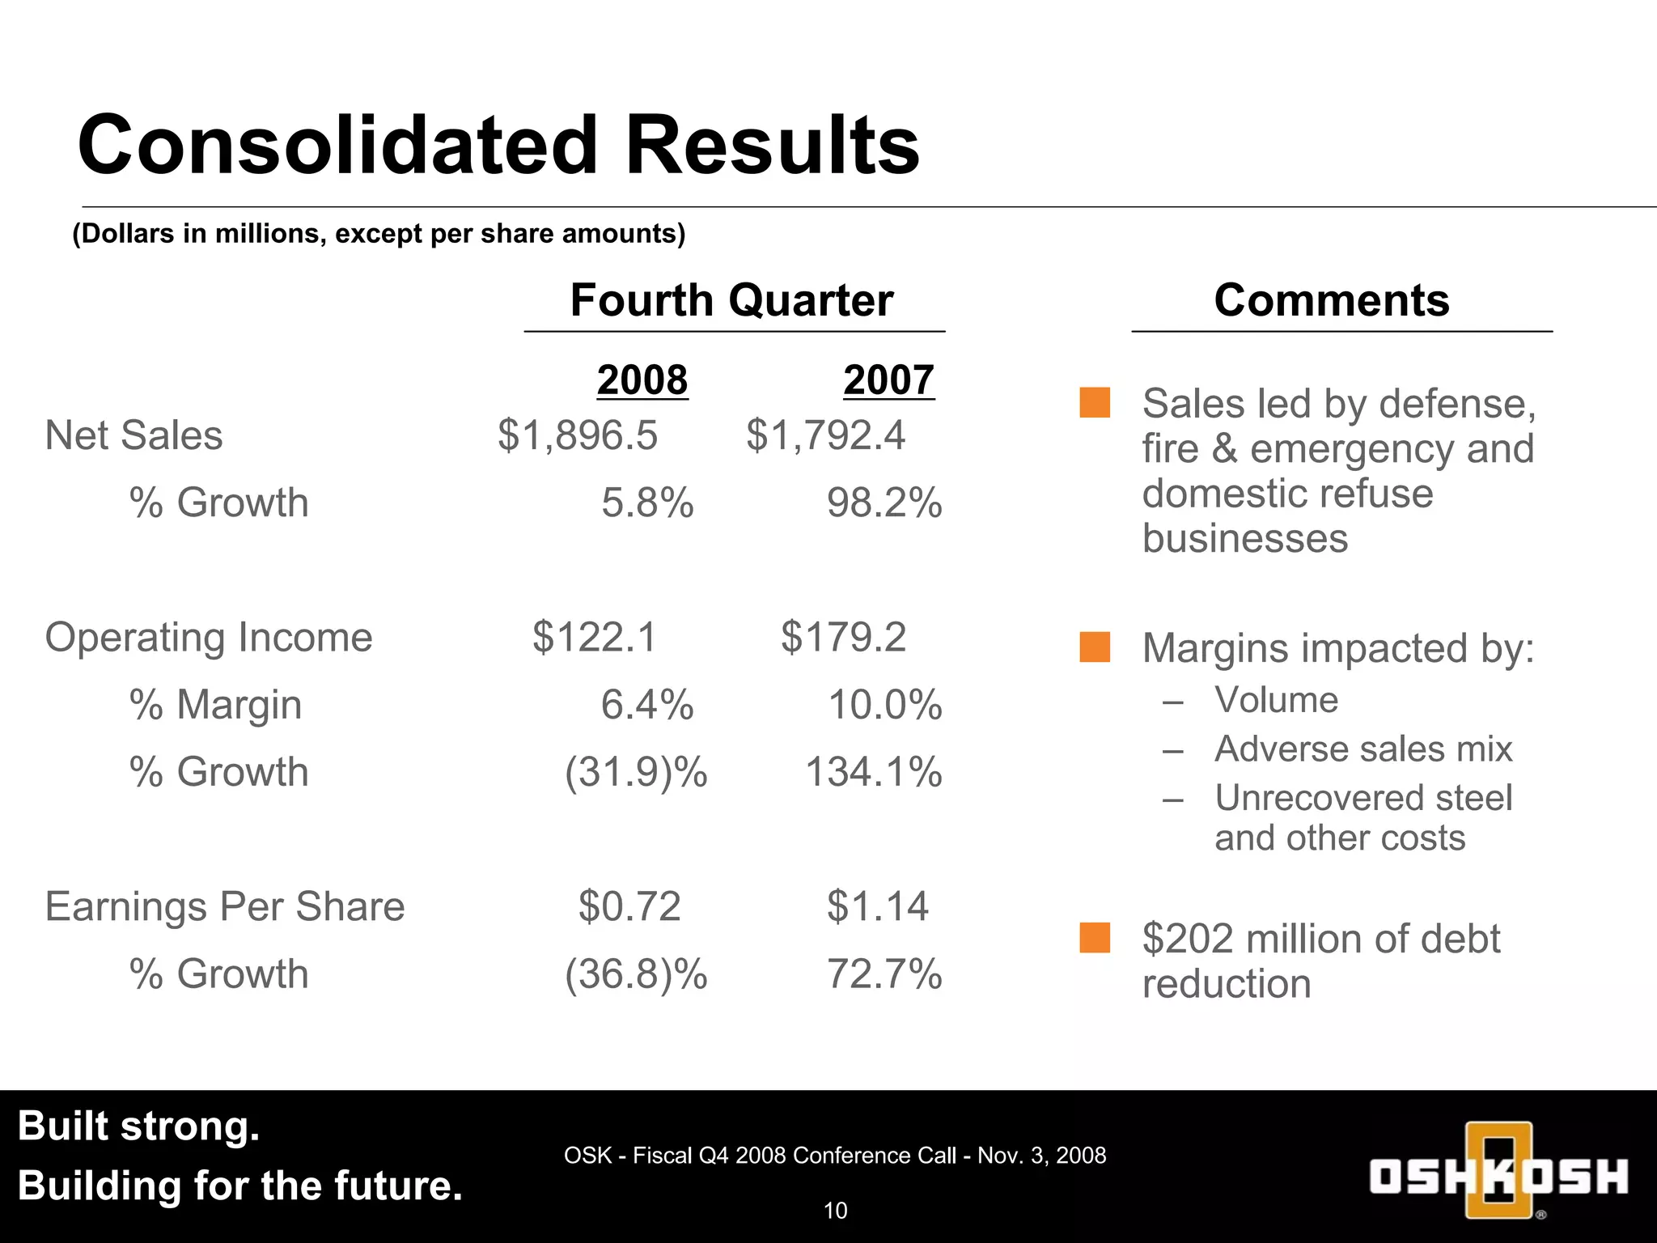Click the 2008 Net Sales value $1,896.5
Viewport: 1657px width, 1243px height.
click(x=578, y=435)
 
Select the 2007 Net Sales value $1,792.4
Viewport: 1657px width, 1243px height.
click(x=825, y=435)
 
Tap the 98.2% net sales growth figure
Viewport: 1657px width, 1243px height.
click(x=884, y=503)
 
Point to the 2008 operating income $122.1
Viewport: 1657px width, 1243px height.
click(x=594, y=637)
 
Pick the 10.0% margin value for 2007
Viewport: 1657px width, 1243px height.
click(x=884, y=704)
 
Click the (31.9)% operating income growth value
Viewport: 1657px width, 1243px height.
click(x=636, y=772)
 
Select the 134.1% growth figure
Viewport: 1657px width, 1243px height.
click(x=874, y=772)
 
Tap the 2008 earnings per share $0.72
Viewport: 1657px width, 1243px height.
click(x=629, y=906)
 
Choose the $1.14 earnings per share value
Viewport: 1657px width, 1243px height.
click(x=877, y=906)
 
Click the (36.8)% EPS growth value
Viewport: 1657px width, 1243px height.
click(x=636, y=974)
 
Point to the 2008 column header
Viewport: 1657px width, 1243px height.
click(x=642, y=380)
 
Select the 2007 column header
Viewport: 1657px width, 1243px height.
click(x=888, y=380)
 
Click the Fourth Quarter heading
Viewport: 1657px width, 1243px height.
click(x=731, y=300)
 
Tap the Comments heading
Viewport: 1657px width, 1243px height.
click(x=1331, y=300)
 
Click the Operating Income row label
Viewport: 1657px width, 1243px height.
click(x=209, y=638)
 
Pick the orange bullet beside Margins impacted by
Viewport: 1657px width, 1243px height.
click(x=1095, y=647)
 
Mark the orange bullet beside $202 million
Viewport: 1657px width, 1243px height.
click(x=1095, y=938)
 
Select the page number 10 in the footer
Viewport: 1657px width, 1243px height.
click(x=835, y=1211)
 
